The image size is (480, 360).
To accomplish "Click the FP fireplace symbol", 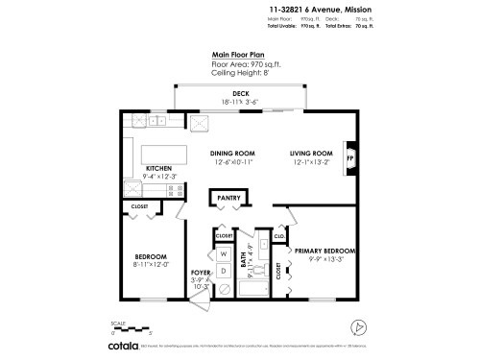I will [x=349, y=157].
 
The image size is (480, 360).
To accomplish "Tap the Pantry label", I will [x=228, y=198].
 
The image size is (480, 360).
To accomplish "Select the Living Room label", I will [x=311, y=153].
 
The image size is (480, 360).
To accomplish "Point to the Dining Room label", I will [x=232, y=153].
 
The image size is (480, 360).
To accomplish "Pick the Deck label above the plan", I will [x=241, y=93].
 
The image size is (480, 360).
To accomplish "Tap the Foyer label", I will [x=201, y=273].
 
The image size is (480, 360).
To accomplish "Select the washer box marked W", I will [x=223, y=254].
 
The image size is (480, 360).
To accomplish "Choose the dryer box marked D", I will [x=223, y=272].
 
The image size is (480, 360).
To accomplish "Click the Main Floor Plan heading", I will [x=239, y=56].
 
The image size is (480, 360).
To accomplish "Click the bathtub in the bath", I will [x=252, y=288].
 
